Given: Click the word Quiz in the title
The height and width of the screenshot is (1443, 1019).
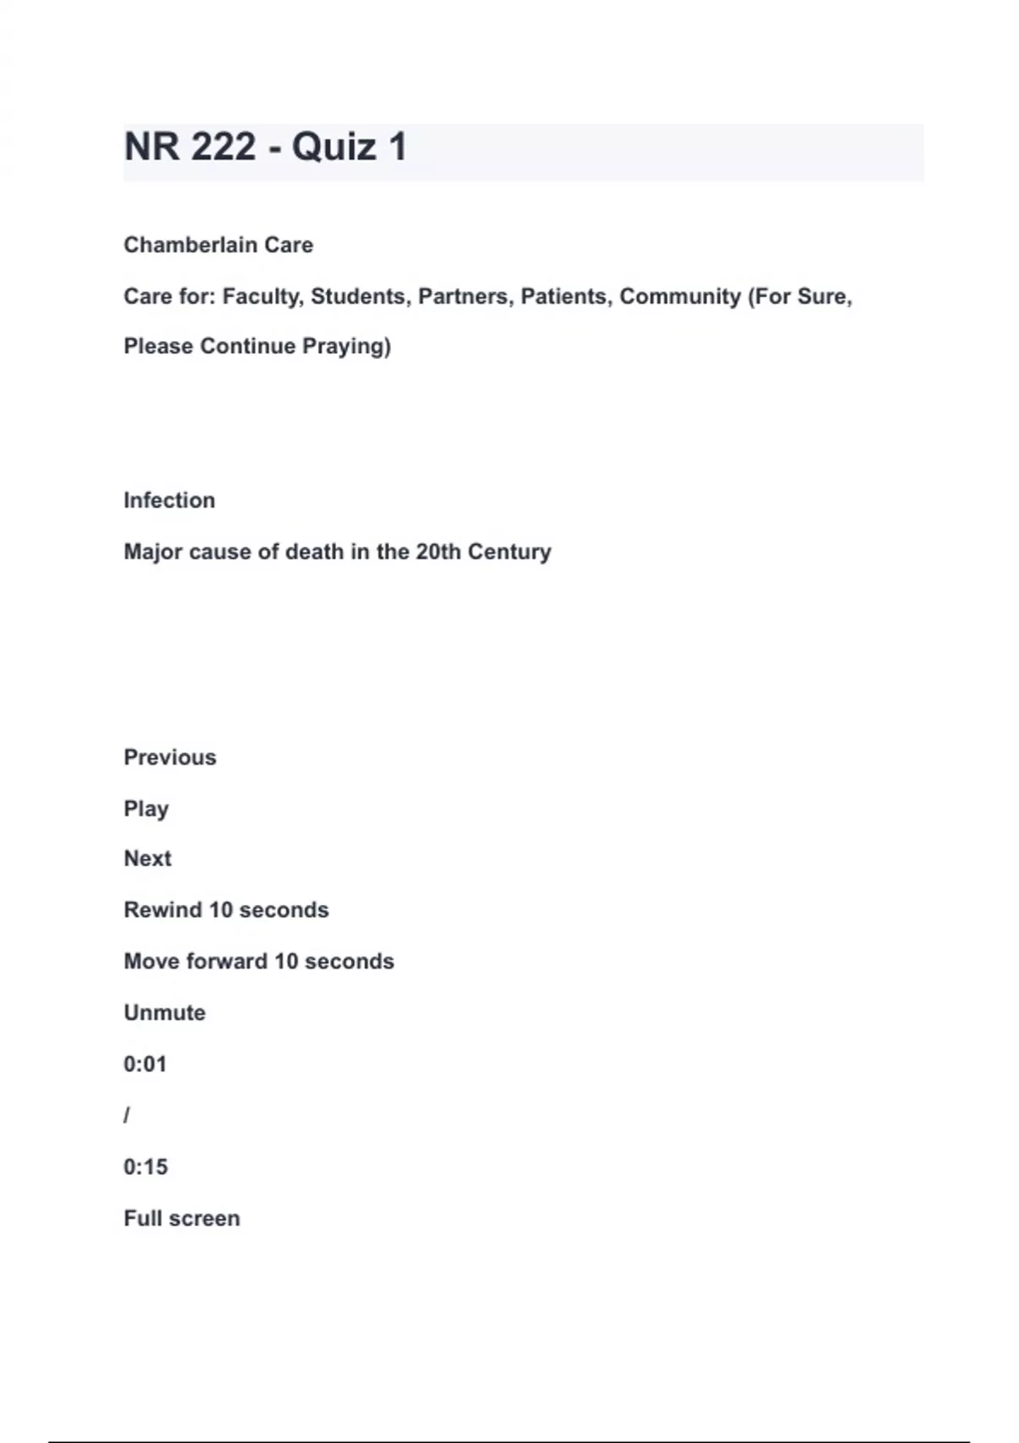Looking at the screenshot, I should click(x=334, y=147).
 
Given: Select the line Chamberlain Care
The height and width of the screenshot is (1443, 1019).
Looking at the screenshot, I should click(x=218, y=245).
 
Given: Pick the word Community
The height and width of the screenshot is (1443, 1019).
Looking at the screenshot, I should click(x=680, y=297).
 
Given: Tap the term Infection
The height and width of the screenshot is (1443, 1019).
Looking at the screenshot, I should click(x=169, y=501).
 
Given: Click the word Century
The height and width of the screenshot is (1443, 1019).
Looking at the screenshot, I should click(x=509, y=552).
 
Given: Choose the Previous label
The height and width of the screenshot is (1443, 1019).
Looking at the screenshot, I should click(x=170, y=757).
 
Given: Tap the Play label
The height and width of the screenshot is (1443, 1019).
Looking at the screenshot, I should click(x=146, y=809).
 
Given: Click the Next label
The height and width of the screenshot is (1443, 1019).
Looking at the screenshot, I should click(x=148, y=859).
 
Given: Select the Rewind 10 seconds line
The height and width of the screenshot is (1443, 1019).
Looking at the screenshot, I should click(x=226, y=910).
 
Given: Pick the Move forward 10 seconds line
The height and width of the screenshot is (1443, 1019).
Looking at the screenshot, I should click(x=259, y=962).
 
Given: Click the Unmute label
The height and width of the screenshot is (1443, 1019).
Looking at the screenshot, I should click(x=165, y=1013).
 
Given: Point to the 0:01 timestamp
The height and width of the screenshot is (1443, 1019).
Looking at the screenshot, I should click(x=145, y=1064).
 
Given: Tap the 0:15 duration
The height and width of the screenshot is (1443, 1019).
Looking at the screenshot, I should click(x=145, y=1167).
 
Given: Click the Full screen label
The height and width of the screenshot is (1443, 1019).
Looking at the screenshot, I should click(x=182, y=1219).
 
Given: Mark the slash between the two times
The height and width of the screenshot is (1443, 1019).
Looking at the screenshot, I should click(x=127, y=1115).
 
